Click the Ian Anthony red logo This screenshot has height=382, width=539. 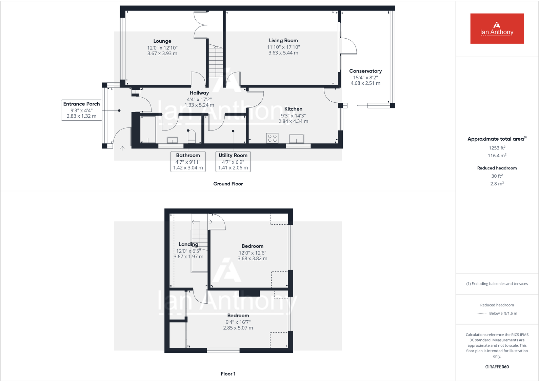pyautogui.click(x=497, y=28)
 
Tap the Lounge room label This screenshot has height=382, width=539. pyautogui.click(x=162, y=41)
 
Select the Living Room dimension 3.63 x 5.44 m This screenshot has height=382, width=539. pyautogui.click(x=283, y=53)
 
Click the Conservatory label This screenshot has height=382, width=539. pyautogui.click(x=365, y=71)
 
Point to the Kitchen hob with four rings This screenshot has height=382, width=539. pyautogui.click(x=272, y=138)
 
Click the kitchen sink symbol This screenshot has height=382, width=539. pyautogui.click(x=296, y=139)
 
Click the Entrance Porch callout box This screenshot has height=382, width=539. pyautogui.click(x=81, y=110)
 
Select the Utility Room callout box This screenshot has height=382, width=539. pyautogui.click(x=233, y=161)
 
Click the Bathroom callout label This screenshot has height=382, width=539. pyautogui.click(x=188, y=155)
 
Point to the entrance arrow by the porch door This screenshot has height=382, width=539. pyautogui.click(x=122, y=148)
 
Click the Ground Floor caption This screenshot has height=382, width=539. pyautogui.click(x=228, y=184)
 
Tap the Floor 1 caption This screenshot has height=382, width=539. pyautogui.click(x=228, y=374)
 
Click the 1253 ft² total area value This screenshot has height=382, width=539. pyautogui.click(x=497, y=148)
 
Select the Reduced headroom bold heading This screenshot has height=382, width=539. pyautogui.click(x=497, y=168)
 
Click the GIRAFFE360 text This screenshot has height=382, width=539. pyautogui.click(x=497, y=367)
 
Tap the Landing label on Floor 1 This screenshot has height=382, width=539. pyautogui.click(x=188, y=244)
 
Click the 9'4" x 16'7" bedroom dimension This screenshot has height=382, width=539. pyautogui.click(x=238, y=322)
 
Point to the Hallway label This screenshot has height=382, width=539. pyautogui.click(x=199, y=93)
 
